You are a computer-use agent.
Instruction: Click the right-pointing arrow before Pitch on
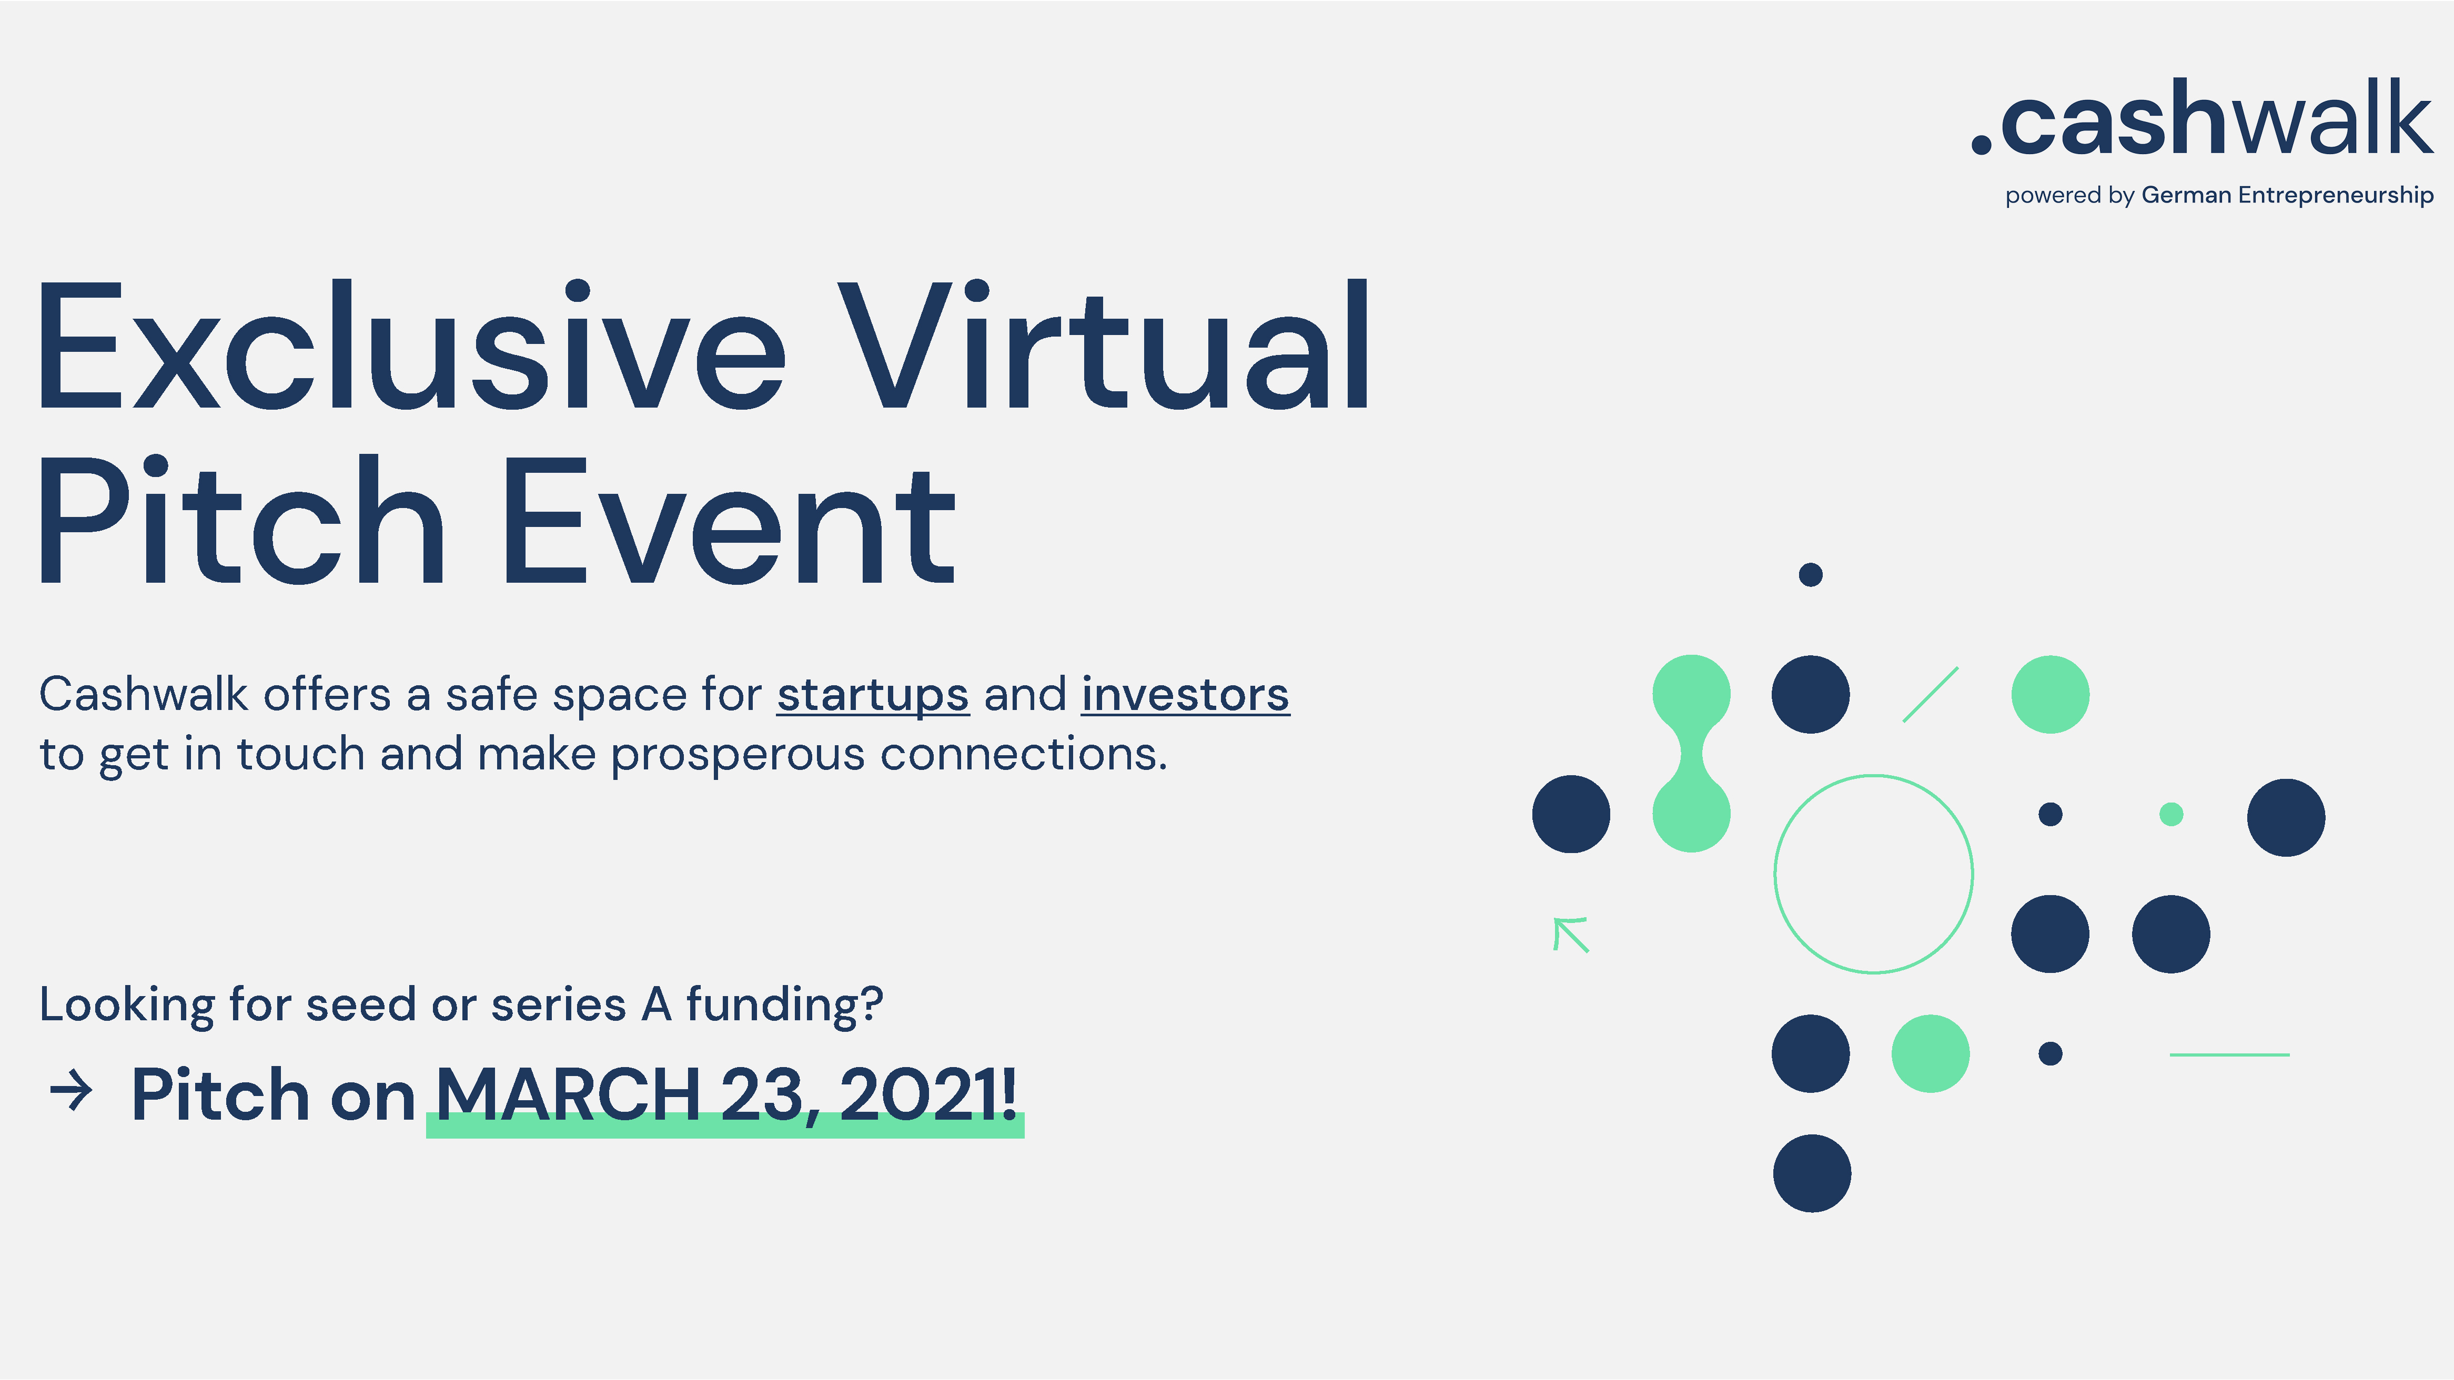point(72,1091)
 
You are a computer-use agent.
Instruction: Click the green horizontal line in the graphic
point(2229,1054)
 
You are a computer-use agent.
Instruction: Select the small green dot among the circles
point(2171,814)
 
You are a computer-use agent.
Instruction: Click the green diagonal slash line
point(1930,694)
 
